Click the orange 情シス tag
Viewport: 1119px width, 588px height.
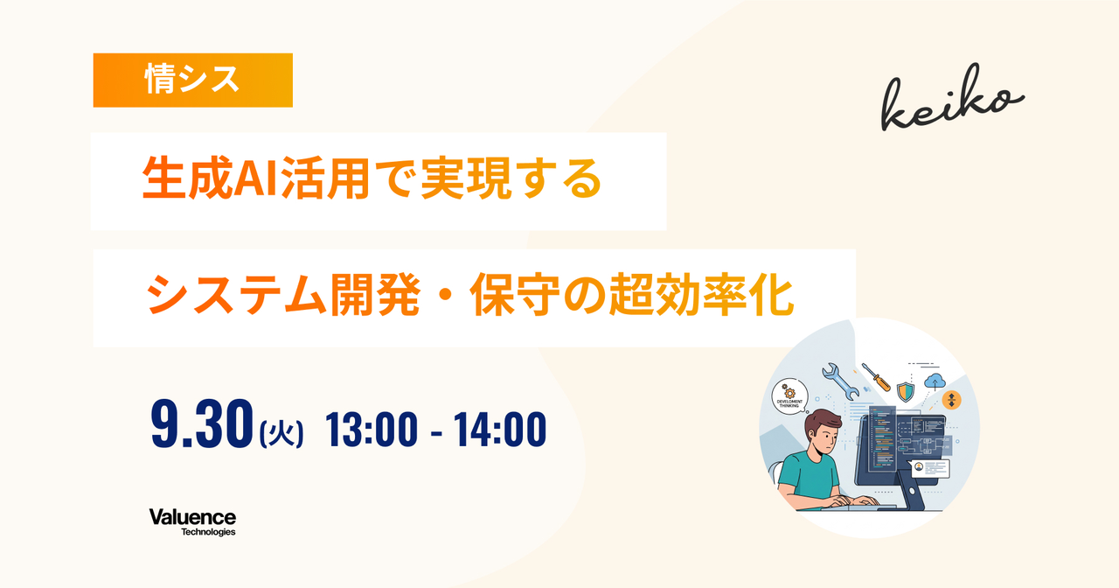coord(193,80)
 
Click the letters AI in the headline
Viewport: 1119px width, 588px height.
coord(256,178)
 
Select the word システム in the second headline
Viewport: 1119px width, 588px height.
coord(236,295)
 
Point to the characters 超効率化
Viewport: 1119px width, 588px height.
coord(701,295)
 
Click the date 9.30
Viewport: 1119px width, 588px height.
coord(202,424)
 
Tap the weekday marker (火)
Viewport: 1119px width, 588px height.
coord(281,432)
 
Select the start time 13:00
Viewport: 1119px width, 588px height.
coord(372,429)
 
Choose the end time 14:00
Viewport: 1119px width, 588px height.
coord(500,429)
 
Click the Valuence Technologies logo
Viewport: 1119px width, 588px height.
coord(192,522)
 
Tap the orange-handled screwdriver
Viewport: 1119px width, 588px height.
coord(876,377)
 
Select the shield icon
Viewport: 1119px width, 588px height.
coord(905,391)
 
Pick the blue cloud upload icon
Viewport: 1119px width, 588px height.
coord(935,381)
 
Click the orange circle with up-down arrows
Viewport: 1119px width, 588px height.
coord(952,400)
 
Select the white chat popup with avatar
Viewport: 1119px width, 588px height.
coord(929,468)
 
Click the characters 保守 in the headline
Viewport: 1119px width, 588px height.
coord(515,295)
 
